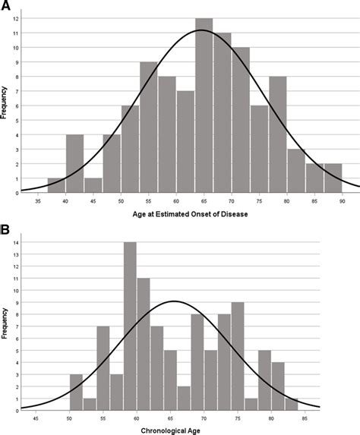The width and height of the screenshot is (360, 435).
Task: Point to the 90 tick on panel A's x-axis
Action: tap(342, 200)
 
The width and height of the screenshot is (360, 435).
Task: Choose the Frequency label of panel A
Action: tap(6, 105)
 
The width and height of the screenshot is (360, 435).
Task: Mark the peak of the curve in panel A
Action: tap(201, 30)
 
